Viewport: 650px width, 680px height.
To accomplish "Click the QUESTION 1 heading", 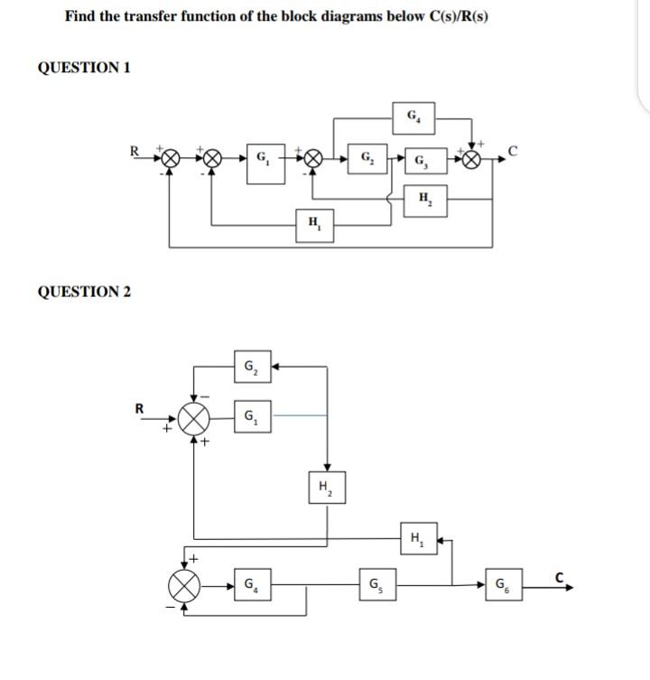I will point(84,68).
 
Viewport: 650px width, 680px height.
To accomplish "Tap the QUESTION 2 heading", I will point(84,292).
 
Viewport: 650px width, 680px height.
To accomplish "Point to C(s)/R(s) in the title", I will point(458,17).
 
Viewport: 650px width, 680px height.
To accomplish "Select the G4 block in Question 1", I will point(413,116).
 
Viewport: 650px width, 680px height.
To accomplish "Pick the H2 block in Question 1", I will point(424,198).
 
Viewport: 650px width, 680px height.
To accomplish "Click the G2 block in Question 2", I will point(248,368).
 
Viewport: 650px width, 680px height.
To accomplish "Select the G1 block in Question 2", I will point(249,416).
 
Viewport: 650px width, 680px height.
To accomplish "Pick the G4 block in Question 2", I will point(248,584).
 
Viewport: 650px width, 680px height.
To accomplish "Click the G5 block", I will point(374,584).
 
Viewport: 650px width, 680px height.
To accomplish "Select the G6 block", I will point(502,584).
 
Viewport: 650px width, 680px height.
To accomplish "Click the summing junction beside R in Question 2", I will point(194,416).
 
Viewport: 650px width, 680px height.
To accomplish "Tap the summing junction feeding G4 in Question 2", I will point(187,585).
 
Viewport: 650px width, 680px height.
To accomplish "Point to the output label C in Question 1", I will point(512,151).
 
